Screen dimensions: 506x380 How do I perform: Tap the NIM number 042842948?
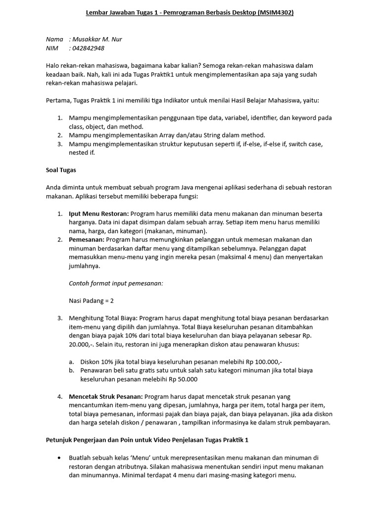coord(89,48)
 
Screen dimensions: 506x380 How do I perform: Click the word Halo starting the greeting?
coord(53,66)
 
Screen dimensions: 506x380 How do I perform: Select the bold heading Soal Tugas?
coord(61,170)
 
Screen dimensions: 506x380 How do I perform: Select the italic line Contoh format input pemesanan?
coord(116,283)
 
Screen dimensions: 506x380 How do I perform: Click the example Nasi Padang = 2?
coord(92,300)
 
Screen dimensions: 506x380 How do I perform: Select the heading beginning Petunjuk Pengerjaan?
coord(147,440)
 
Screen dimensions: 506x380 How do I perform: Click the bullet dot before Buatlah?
coord(60,458)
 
